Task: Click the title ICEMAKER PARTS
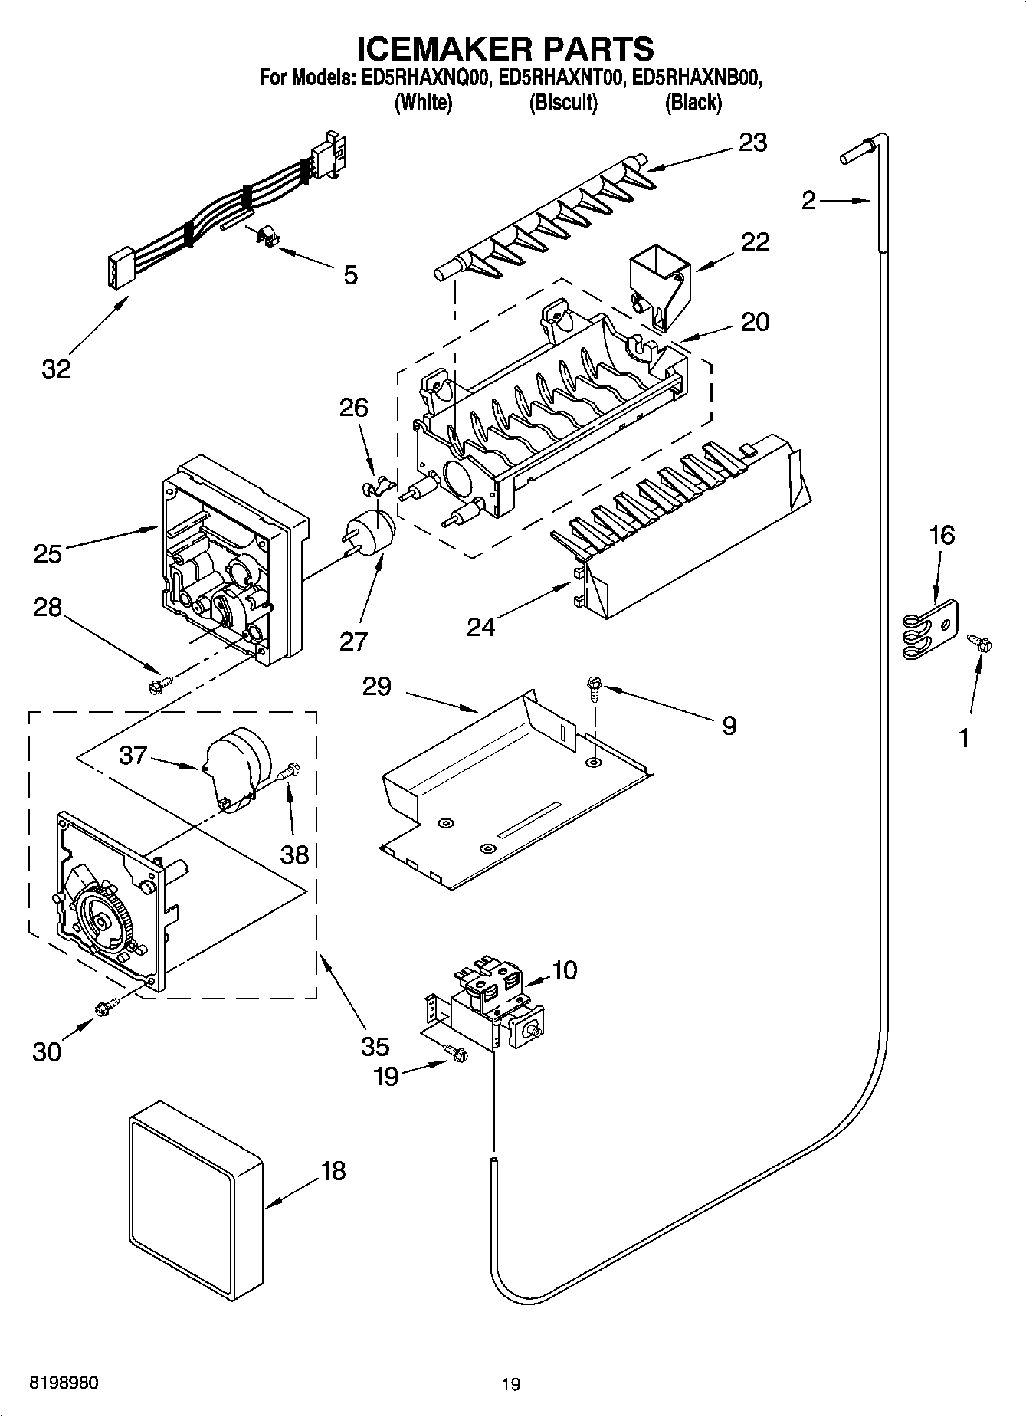pos(506,49)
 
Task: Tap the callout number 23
pos(752,143)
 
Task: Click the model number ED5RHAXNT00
pos(559,78)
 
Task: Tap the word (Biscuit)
pos(563,102)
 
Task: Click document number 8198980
pos(63,1383)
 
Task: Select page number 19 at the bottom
pos(511,1384)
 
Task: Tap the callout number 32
pos(56,369)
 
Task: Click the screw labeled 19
pos(457,1055)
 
